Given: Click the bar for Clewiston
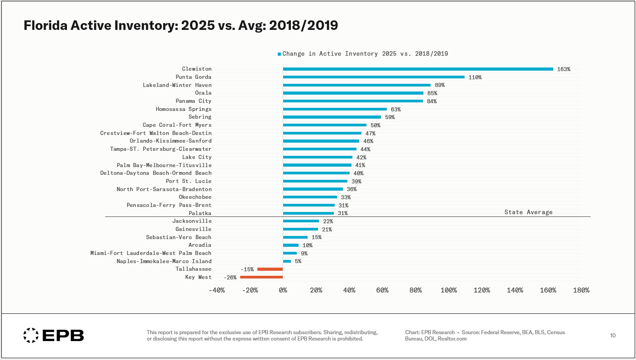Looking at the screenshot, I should [x=418, y=69].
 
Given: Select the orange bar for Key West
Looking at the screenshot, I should [x=261, y=277].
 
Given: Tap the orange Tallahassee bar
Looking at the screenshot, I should [x=270, y=269].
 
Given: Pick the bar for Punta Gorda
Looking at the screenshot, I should [x=374, y=77].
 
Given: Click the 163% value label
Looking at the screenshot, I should [x=564, y=69].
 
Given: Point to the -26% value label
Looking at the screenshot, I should [x=230, y=278].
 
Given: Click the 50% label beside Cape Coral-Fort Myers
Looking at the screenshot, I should [x=375, y=125].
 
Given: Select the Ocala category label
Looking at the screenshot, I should [x=203, y=93].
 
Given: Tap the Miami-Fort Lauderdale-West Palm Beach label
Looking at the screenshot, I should [x=151, y=253].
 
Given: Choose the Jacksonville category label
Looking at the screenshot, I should [x=192, y=221].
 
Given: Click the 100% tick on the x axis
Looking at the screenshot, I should [x=449, y=290].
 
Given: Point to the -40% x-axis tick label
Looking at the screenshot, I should [x=217, y=290].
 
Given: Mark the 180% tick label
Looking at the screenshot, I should [x=581, y=290].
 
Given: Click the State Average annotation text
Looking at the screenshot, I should [x=528, y=212].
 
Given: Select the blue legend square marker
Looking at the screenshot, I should [x=279, y=54].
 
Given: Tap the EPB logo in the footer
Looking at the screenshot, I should [x=54, y=336].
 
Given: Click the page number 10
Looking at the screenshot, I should [x=613, y=336].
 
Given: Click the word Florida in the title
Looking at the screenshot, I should [x=45, y=25].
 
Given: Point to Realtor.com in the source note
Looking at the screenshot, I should [x=452, y=339].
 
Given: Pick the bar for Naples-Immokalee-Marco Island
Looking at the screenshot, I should [x=287, y=261].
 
